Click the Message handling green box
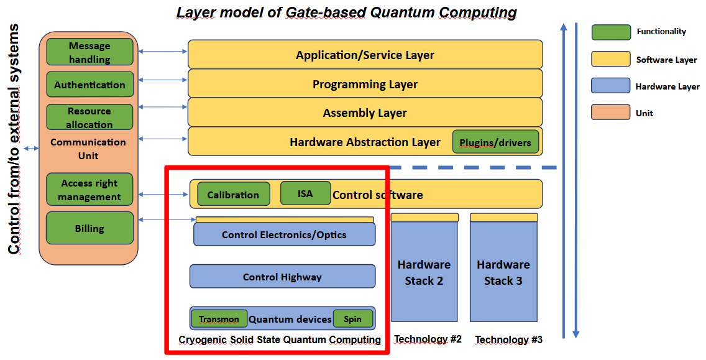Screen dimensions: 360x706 [89, 52]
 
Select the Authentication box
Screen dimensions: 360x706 [89, 85]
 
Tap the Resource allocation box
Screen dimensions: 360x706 [89, 118]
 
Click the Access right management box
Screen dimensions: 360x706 [90, 190]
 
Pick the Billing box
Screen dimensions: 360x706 [89, 228]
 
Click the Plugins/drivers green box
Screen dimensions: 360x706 [495, 142]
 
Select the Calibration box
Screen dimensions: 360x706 [233, 194]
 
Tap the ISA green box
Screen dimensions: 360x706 [305, 193]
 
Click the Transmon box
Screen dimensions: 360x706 [219, 319]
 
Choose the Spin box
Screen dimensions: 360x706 [352, 319]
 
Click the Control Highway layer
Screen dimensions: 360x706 [282, 277]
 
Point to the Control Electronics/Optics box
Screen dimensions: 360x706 [284, 234]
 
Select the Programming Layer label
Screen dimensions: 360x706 [365, 84]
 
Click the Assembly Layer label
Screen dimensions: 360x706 [365, 113]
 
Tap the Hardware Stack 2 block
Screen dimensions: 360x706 [424, 272]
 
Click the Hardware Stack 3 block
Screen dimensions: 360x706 [503, 272]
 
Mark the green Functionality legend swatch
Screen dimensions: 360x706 [611, 32]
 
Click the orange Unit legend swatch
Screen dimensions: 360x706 [611, 113]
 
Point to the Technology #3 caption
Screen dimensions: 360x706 [508, 339]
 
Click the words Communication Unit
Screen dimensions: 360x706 [88, 149]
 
